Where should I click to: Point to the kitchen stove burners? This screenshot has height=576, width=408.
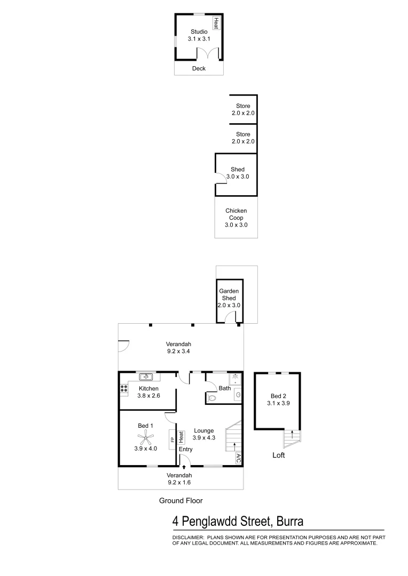123,389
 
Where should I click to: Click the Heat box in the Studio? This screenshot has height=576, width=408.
216,23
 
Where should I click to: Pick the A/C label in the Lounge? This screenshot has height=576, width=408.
238,459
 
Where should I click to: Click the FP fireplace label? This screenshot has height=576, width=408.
172,440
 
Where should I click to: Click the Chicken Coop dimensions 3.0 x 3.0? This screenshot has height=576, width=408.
236,226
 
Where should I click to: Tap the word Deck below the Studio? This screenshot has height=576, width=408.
199,68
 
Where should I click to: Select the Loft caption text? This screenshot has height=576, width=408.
279,455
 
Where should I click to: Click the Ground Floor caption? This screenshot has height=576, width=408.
181,500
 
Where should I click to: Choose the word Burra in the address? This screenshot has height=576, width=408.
288,521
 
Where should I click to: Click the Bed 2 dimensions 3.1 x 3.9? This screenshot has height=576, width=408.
276,404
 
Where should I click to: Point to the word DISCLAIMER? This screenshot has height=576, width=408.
187,538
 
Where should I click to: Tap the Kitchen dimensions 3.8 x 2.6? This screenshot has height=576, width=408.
148,396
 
